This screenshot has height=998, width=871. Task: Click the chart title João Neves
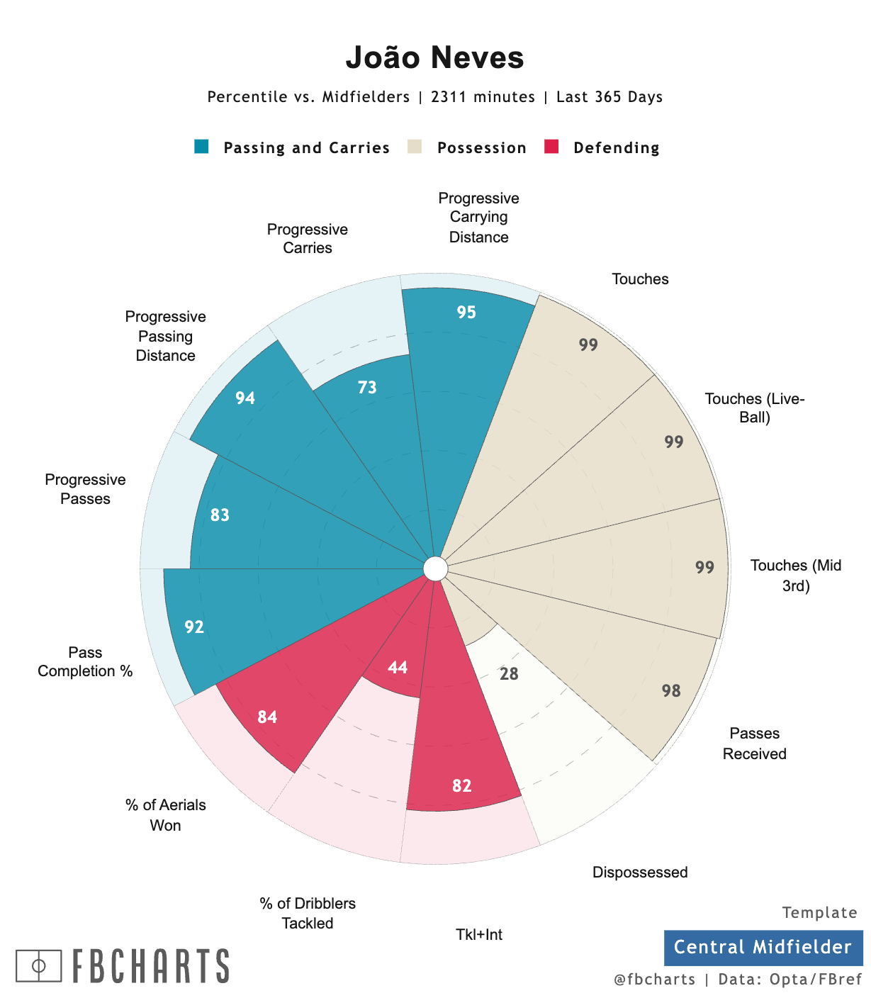click(434, 58)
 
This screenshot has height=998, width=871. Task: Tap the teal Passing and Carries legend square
click(201, 147)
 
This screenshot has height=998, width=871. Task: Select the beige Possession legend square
click(415, 147)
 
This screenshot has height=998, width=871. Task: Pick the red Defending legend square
click(551, 147)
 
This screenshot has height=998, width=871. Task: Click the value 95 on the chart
click(466, 313)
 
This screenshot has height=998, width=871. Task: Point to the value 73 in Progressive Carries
click(367, 388)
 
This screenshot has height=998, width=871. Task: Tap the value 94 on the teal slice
click(245, 398)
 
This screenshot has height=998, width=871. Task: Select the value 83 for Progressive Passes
click(220, 515)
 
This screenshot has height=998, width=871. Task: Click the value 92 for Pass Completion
click(194, 627)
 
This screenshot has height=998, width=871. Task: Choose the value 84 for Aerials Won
click(267, 717)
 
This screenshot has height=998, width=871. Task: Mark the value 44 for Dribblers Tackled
click(398, 668)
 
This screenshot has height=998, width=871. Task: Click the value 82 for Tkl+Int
click(462, 786)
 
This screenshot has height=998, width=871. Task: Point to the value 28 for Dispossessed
click(509, 674)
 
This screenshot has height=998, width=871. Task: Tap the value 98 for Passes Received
click(671, 691)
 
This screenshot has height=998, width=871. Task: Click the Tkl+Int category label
click(479, 935)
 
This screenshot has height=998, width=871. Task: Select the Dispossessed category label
click(640, 873)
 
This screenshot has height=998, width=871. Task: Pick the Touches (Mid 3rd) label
click(795, 576)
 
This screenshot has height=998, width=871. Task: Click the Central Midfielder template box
click(763, 948)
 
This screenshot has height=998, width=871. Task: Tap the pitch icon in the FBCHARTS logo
click(39, 966)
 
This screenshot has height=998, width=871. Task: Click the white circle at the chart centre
click(435, 568)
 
